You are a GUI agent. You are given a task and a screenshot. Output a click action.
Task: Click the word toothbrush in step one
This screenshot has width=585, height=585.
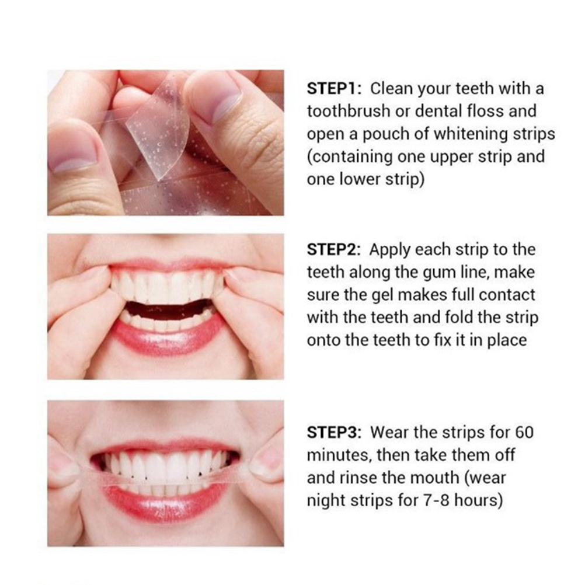pyautogui.click(x=349, y=111)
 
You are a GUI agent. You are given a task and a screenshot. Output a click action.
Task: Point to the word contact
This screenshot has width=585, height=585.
pyautogui.click(x=507, y=295)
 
